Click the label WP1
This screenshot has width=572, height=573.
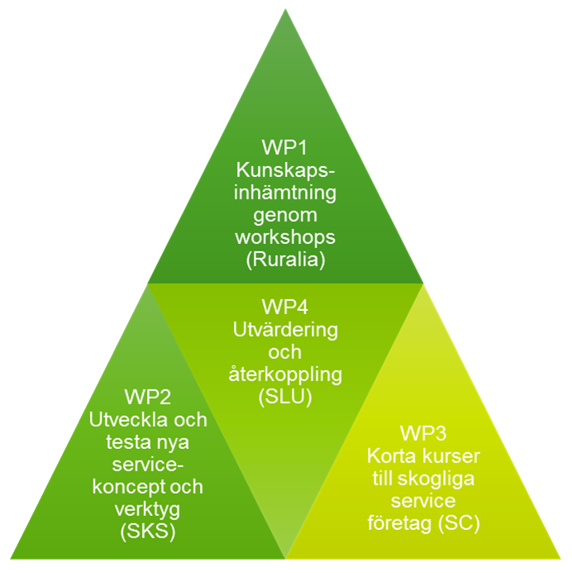(285, 147)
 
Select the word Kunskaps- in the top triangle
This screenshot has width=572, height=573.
(285, 170)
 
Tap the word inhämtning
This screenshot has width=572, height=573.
(285, 192)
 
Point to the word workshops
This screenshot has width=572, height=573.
(285, 237)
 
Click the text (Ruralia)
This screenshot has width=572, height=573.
(285, 260)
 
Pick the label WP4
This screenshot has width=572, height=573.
(285, 307)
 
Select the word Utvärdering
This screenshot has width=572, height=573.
(285, 330)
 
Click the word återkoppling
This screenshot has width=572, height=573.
(285, 375)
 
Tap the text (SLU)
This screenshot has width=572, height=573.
(285, 397)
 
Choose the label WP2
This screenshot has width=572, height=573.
(148, 397)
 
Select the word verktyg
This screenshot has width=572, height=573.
(148, 509)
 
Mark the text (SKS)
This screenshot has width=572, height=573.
(148, 532)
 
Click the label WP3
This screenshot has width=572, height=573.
(423, 433)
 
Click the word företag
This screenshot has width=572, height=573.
(396, 523)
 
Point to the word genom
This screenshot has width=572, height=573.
(285, 215)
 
